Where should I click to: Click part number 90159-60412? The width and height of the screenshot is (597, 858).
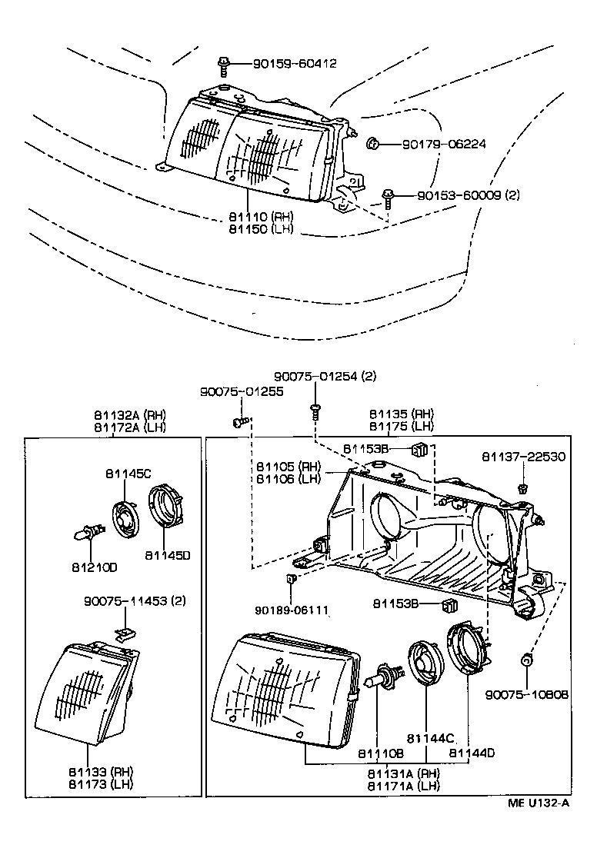point(284,64)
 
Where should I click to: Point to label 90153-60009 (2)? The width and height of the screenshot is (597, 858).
point(469,195)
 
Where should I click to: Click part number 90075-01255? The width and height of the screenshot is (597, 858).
point(242,391)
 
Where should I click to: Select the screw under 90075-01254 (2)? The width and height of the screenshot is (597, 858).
point(315,409)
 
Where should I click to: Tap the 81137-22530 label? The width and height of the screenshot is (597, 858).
point(523,457)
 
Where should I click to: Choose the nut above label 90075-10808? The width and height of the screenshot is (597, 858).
point(527,659)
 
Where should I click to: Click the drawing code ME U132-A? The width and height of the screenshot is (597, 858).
point(538,804)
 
